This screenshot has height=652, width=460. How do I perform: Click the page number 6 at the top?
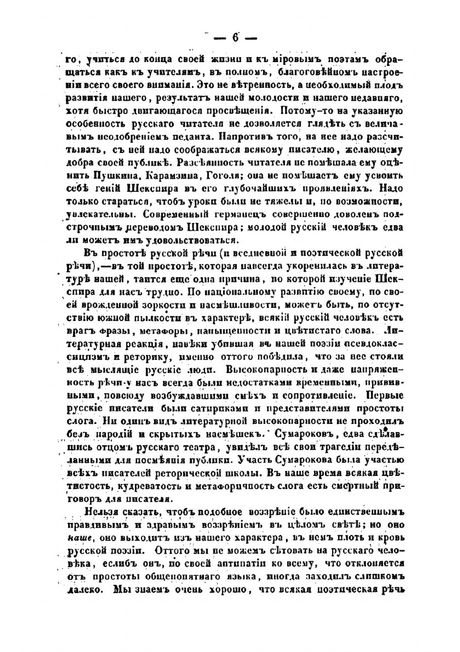(x=235, y=38)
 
